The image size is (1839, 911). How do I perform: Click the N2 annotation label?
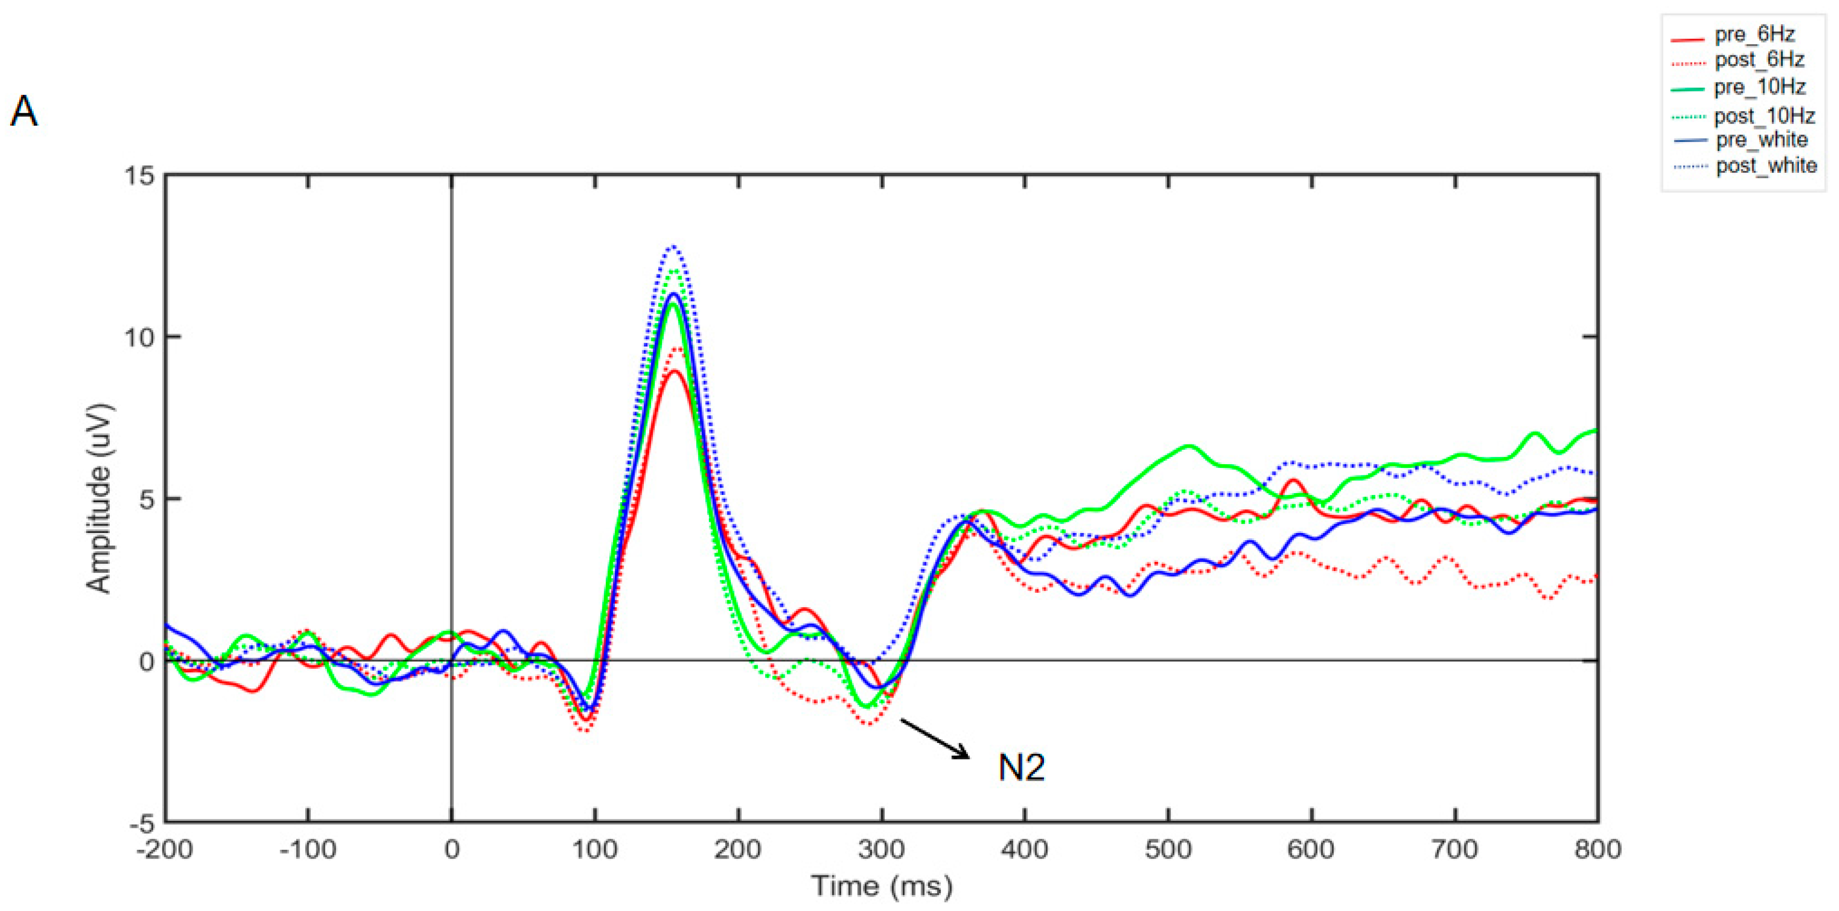tap(1021, 768)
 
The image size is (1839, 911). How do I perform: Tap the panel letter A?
tap(24, 112)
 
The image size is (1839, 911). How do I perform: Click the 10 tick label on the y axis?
tap(140, 337)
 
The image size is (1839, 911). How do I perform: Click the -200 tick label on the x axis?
tap(165, 849)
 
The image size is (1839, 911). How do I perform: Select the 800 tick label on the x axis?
tap(1597, 849)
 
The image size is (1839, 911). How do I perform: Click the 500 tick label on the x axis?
tap(1168, 849)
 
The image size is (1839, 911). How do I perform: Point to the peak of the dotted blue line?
tap(673, 247)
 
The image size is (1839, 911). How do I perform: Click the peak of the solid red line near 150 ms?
tap(674, 371)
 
